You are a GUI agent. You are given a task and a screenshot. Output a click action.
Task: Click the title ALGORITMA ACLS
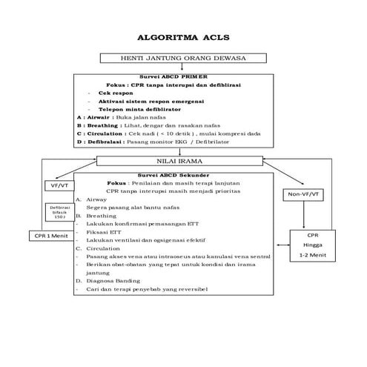click(x=183, y=36)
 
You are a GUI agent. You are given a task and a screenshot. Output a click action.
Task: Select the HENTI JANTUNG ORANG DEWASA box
click(x=183, y=58)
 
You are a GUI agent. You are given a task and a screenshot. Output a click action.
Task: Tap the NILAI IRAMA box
click(x=183, y=160)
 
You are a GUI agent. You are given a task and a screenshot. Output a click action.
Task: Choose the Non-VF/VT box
click(x=305, y=194)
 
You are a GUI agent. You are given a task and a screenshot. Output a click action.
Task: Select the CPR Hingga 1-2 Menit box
click(x=311, y=245)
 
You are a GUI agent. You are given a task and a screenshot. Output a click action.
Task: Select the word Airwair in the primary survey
click(x=100, y=117)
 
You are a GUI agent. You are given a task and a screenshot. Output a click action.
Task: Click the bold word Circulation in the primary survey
click(x=104, y=133)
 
